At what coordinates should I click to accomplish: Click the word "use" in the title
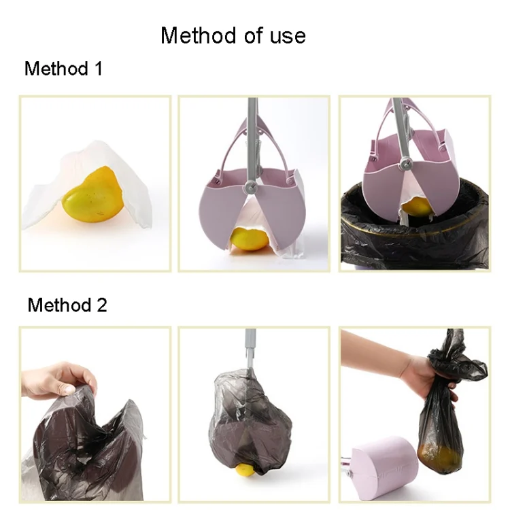(x=286, y=35)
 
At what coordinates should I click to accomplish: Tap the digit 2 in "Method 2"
(x=101, y=305)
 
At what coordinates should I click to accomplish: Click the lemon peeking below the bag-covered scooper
(x=245, y=467)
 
